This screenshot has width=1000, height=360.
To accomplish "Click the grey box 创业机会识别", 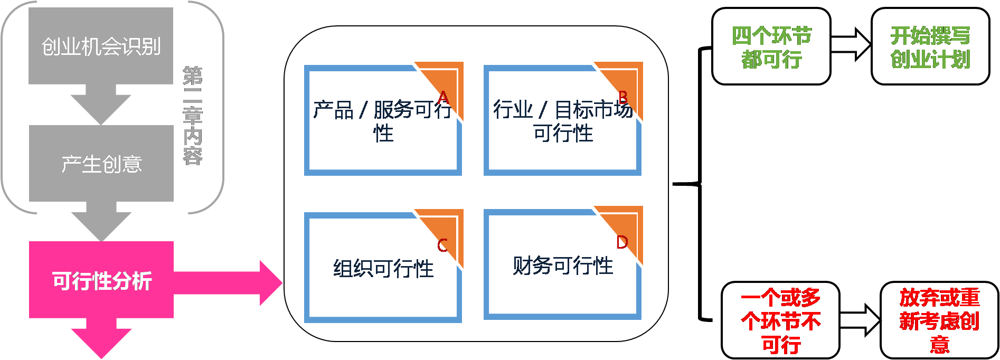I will (101, 46).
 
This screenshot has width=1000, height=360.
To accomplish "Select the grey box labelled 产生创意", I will (101, 164).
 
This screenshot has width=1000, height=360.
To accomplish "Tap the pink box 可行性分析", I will (101, 280).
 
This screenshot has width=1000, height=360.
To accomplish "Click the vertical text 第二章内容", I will (193, 115).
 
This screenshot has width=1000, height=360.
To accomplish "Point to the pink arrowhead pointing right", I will (270, 282).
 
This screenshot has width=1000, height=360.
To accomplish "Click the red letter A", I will (443, 98).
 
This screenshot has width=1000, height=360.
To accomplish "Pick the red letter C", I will (442, 245).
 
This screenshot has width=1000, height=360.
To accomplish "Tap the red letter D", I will (622, 242).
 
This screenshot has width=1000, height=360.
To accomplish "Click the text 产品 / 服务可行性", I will (382, 121).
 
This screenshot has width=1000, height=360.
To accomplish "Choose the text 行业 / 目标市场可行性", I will (562, 121).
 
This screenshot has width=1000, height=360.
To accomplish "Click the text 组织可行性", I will (383, 269).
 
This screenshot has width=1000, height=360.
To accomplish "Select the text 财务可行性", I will (563, 266).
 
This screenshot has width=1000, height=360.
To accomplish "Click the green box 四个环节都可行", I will (771, 47).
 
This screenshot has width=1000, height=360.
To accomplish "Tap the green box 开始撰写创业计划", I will (930, 47).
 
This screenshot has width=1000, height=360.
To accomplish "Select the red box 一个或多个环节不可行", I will (780, 321).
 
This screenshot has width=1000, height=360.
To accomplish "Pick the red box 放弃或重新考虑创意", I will (939, 321).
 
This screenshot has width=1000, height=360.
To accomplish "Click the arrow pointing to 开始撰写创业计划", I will (851, 44).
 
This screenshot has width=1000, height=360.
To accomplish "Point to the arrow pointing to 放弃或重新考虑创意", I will (860, 320).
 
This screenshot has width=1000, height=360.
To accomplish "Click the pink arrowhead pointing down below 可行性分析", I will (101, 342).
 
